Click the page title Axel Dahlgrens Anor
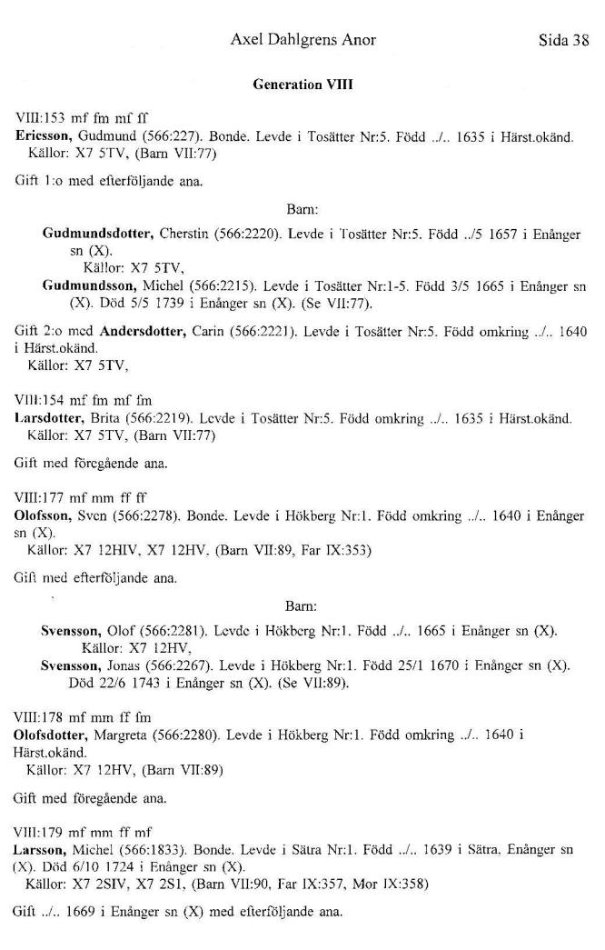[x=302, y=40]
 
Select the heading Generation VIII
[x=302, y=85]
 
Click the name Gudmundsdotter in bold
[x=97, y=234]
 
